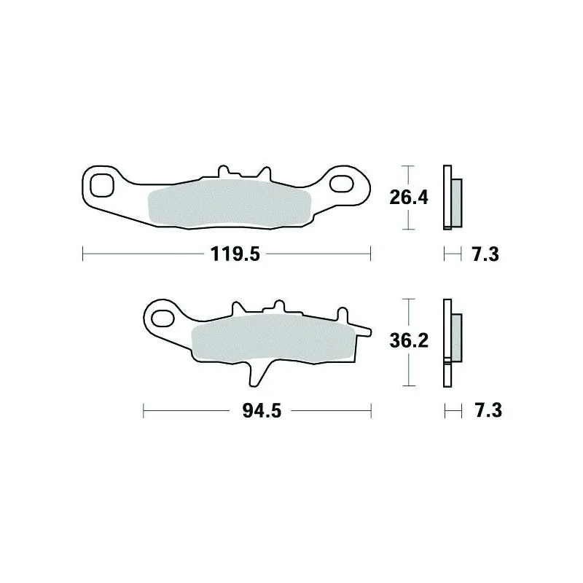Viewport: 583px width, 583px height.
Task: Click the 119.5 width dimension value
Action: click(235, 254)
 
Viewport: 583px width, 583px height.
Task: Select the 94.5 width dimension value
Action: click(262, 411)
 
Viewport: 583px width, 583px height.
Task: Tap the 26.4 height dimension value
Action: click(409, 197)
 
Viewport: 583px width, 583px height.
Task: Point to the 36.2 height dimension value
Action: click(409, 340)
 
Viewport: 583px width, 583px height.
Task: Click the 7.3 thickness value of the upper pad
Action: click(485, 254)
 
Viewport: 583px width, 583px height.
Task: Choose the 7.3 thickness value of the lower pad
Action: click(488, 410)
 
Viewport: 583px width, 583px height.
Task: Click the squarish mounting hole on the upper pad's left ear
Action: click(101, 185)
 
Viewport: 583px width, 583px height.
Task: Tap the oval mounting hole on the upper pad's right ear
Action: click(341, 184)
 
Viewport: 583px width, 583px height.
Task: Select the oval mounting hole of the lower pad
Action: click(163, 318)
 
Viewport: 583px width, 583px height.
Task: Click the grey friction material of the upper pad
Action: click(230, 204)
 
